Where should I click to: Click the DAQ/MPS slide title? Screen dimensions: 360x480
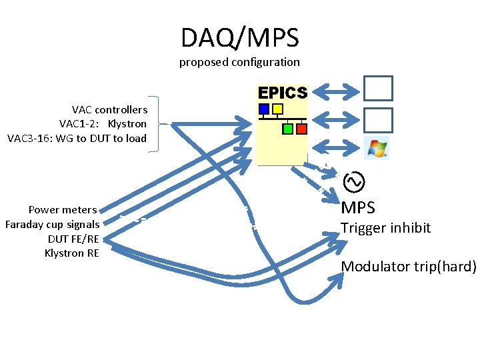239,38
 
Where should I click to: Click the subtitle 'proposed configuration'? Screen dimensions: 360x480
239,62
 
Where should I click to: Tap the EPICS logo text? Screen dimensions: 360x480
283,93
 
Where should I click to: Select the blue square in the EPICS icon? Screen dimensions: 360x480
264,109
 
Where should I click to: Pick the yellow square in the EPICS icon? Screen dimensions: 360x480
278,109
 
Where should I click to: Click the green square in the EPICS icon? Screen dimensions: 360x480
288,128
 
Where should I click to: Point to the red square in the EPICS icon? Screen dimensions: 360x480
301,128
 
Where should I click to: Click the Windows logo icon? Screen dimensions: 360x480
378,147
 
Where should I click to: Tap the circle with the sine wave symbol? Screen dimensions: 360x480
353,180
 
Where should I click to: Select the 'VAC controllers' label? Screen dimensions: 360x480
109,109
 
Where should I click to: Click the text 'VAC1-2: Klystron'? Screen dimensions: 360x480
103,124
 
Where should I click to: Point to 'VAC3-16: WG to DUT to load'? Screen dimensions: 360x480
77,139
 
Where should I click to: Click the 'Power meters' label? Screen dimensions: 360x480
63,210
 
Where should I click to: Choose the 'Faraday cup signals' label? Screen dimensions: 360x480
52,224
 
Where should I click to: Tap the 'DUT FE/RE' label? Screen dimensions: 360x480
73,239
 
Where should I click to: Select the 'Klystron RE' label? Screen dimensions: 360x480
71,253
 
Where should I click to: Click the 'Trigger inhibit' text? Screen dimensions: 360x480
385,228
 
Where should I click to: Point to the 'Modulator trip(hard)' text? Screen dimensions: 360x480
409,267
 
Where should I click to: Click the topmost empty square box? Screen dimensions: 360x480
378,88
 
